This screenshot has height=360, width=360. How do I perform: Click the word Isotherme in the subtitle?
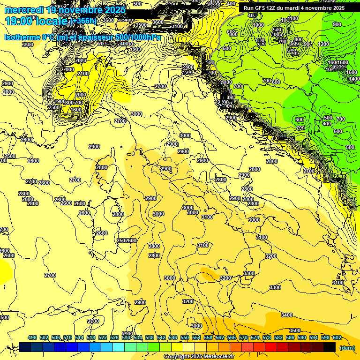pos(22,37)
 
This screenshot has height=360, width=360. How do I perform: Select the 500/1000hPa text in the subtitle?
pos(138,37)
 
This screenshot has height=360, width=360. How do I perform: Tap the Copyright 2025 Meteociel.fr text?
pos(199,357)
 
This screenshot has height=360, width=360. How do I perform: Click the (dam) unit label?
pos(347,348)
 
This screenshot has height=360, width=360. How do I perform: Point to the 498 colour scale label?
pos(32,338)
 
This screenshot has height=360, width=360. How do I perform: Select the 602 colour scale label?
pos(337,338)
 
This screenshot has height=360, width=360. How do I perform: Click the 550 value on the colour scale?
pos(185,338)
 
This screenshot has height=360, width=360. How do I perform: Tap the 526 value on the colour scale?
pos(114,338)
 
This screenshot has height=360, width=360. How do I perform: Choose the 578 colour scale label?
pos(267,338)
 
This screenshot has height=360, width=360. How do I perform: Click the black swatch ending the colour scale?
pos(330,347)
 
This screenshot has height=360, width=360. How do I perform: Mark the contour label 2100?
pos(83,74)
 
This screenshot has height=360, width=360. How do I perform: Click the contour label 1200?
pos(323,44)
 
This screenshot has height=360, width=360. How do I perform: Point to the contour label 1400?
pos(354,79)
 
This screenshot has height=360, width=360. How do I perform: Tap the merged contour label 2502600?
pos(127,240)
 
